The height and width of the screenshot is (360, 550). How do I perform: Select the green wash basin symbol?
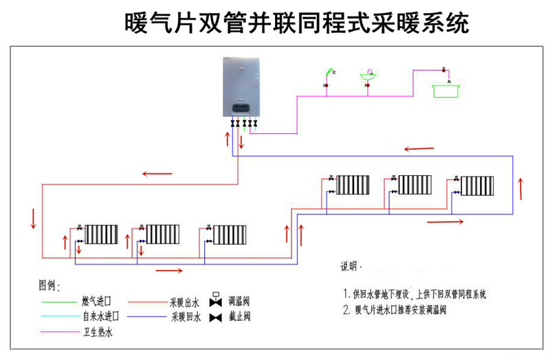(x=370, y=78)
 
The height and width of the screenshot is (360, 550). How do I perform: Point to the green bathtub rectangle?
(x=448, y=90)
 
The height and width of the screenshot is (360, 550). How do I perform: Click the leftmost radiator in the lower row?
(x=101, y=234)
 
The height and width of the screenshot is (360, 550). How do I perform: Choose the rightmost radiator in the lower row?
(x=229, y=234)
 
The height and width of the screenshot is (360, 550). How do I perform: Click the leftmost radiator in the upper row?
(x=353, y=185)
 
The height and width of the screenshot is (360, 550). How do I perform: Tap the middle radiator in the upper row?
(x=415, y=185)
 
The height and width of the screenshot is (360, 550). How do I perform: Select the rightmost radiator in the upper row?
(x=477, y=185)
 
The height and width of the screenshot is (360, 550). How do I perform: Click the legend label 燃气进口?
(x=96, y=302)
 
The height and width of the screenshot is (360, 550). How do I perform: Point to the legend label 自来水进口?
(x=100, y=317)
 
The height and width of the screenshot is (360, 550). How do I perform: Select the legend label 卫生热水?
(x=96, y=333)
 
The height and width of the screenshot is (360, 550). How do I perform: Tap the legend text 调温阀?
(x=240, y=302)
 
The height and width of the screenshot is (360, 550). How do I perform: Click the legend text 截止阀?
(x=240, y=317)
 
